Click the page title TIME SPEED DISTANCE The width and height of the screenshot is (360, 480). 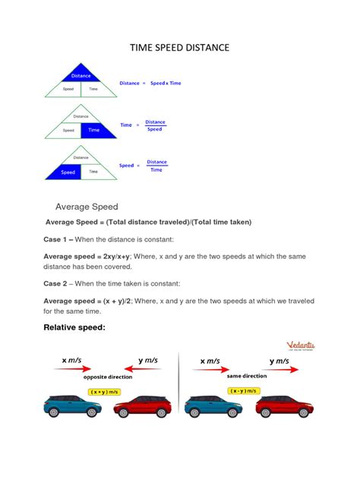(179, 49)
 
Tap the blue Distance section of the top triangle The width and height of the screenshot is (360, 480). (81, 75)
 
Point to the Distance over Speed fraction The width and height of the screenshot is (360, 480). (155, 125)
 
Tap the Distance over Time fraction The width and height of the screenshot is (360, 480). (156, 166)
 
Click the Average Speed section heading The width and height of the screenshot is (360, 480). (87, 207)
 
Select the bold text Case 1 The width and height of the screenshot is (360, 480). (59, 238)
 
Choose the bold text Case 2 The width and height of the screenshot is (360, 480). (59, 283)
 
